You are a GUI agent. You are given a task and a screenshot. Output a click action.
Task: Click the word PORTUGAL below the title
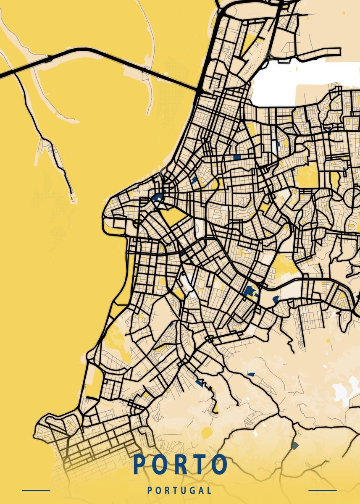(180, 490)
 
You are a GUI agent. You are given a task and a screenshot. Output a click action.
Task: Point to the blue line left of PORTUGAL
(36, 490)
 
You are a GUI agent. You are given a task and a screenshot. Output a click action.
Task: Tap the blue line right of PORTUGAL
(322, 490)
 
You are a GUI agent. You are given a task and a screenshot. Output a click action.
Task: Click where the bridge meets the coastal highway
(198, 90)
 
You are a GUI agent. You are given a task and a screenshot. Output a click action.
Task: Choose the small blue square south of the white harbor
(237, 157)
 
